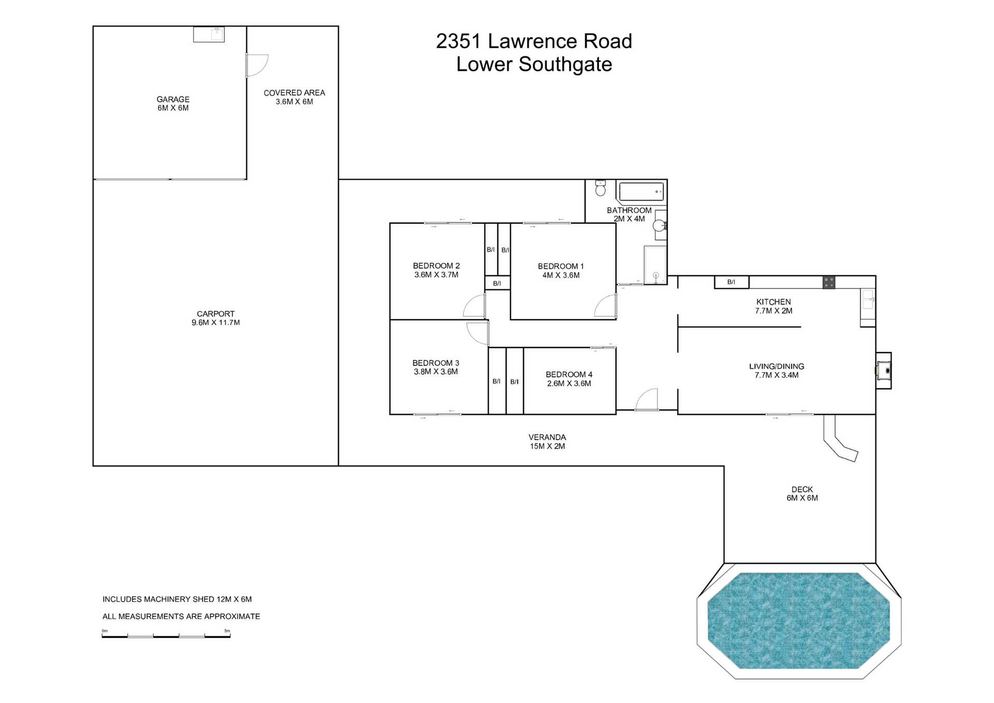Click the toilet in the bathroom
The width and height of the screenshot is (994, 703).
click(x=601, y=188)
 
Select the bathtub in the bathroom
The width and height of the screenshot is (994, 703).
click(x=641, y=192)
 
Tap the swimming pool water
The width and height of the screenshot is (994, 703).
click(x=799, y=620)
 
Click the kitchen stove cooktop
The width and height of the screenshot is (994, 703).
click(x=829, y=282)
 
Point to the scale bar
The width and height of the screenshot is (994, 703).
click(x=166, y=636)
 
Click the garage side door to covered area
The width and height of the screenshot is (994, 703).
click(x=257, y=65)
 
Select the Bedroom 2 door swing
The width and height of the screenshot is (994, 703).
click(x=474, y=306)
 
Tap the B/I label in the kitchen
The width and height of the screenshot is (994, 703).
click(x=731, y=282)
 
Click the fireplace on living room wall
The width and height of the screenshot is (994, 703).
click(x=884, y=370)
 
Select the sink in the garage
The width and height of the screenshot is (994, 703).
click(x=209, y=34)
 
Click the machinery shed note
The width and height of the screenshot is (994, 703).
click(x=177, y=599)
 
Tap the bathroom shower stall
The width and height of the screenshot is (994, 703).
click(x=655, y=265)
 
